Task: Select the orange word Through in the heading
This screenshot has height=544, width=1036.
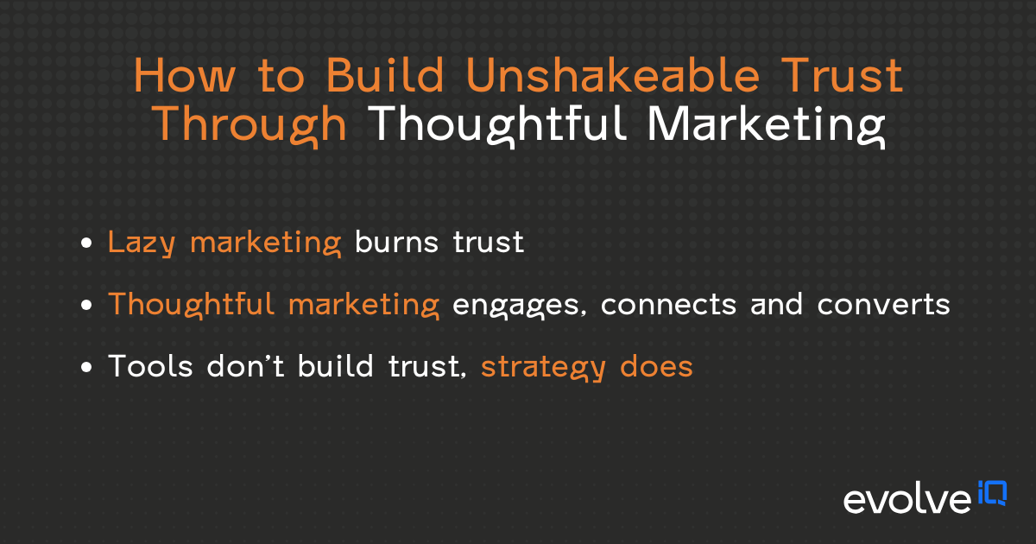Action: [x=250, y=125]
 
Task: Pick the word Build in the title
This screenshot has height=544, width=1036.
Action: [x=392, y=78]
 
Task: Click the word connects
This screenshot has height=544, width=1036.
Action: [x=667, y=305]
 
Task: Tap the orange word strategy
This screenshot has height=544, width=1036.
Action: [x=544, y=368]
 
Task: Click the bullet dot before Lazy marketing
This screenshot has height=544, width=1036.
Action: [x=86, y=244]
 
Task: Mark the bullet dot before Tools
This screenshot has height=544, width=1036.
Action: [x=86, y=368]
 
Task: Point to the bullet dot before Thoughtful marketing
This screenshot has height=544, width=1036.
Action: [x=86, y=307]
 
